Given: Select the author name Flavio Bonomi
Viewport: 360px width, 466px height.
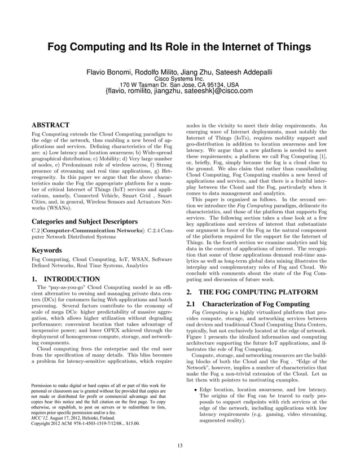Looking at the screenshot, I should (x=108, y=73).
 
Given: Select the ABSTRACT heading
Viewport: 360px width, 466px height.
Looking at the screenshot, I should (x=50, y=125).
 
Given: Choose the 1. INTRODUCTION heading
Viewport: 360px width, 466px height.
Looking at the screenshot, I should (x=65, y=279).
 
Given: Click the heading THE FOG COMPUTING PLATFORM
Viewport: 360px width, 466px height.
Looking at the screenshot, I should (x=260, y=292).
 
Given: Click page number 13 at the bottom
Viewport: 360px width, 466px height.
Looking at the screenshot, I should (x=179, y=446).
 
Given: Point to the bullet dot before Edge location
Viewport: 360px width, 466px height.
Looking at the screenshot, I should (x=195, y=390).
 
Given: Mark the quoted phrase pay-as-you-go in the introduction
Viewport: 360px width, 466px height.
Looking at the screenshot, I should (x=62, y=288).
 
